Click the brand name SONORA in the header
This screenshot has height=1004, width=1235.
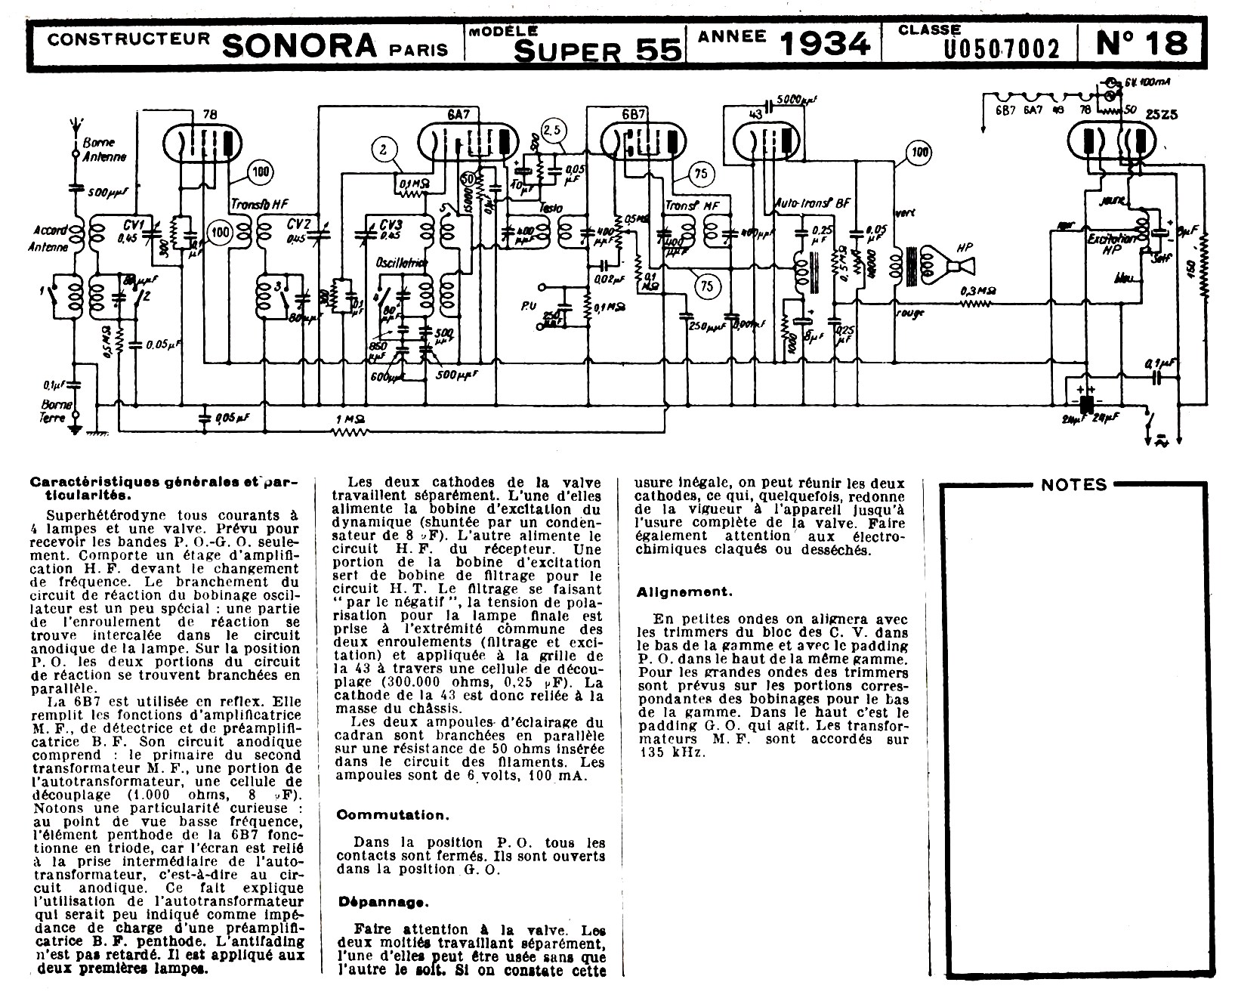(299, 45)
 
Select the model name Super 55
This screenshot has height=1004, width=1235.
(599, 50)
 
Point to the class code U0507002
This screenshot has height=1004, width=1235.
(1002, 48)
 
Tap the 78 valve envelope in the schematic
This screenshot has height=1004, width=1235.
(201, 144)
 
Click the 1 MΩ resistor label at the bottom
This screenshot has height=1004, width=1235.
(350, 419)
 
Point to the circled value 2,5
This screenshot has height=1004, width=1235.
(553, 129)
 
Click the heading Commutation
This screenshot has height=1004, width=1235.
(392, 815)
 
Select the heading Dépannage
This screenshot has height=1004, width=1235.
(382, 901)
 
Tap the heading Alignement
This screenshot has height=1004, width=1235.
(684, 592)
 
